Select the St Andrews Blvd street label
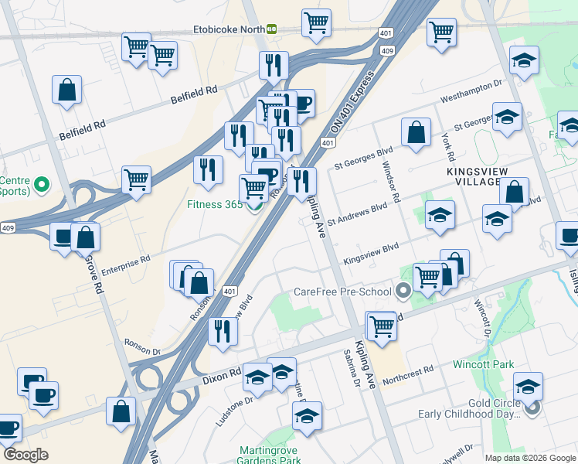(x=356, y=214)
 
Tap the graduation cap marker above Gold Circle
(x=528, y=385)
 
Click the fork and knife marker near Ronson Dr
(x=223, y=331)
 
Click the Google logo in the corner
(x=26, y=454)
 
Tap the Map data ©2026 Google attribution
(x=529, y=457)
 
